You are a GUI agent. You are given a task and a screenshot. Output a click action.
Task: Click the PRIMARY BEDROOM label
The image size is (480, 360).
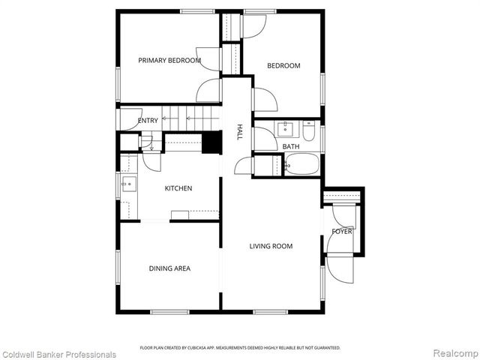tap(169, 60)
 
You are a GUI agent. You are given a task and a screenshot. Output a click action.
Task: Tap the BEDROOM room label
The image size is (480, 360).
tap(283, 66)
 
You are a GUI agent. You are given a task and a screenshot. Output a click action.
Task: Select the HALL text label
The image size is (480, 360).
tap(239, 132)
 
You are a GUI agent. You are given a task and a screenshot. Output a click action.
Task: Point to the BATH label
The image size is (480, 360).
tap(291, 147)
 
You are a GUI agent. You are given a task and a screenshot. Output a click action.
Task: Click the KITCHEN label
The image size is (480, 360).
tap(178, 188)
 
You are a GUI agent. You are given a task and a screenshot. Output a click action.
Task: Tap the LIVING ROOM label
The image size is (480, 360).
tap(271, 246)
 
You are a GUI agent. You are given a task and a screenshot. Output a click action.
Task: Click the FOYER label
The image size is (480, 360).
tap(341, 232)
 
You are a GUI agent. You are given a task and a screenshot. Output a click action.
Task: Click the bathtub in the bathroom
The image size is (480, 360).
tap(302, 165)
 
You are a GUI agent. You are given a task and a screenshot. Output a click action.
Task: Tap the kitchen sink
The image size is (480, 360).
tap(126, 184)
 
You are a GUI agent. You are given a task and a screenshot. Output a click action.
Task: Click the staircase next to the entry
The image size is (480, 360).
tap(190, 118)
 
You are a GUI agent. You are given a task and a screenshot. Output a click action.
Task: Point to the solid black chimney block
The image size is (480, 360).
tap(212, 142)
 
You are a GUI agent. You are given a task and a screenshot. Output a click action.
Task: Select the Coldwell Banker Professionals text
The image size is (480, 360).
tap(58, 354)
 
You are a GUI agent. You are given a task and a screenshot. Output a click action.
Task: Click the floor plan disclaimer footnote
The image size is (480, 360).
tap(240, 348)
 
